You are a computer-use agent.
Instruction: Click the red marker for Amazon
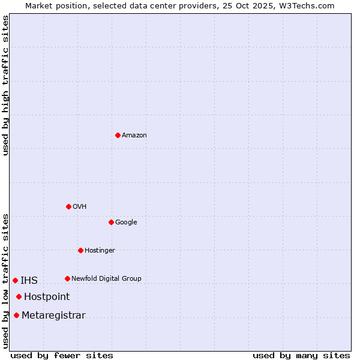click(x=118, y=135)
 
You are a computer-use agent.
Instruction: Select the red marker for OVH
click(x=68, y=206)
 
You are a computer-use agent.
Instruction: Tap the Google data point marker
click(x=111, y=222)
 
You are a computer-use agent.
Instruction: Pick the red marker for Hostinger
click(x=80, y=250)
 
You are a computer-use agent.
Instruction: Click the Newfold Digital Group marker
click(x=67, y=278)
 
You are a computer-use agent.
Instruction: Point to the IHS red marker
click(x=15, y=280)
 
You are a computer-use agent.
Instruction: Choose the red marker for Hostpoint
click(x=19, y=296)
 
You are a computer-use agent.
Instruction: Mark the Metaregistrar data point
click(x=16, y=315)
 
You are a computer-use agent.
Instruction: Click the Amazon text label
click(x=134, y=135)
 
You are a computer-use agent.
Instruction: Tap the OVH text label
click(x=80, y=206)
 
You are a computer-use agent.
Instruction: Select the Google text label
click(x=126, y=222)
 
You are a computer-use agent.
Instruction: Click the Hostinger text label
click(x=100, y=250)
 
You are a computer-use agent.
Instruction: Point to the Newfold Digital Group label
click(x=106, y=278)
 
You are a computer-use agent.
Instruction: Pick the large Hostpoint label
click(x=47, y=296)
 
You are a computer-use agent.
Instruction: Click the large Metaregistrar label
click(x=53, y=315)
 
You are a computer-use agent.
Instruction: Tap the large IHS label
click(x=29, y=280)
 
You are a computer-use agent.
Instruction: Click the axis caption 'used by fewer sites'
click(x=62, y=355)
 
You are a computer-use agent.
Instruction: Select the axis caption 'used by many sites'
click(x=301, y=355)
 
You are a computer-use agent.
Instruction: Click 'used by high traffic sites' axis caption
click(x=5, y=85)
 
